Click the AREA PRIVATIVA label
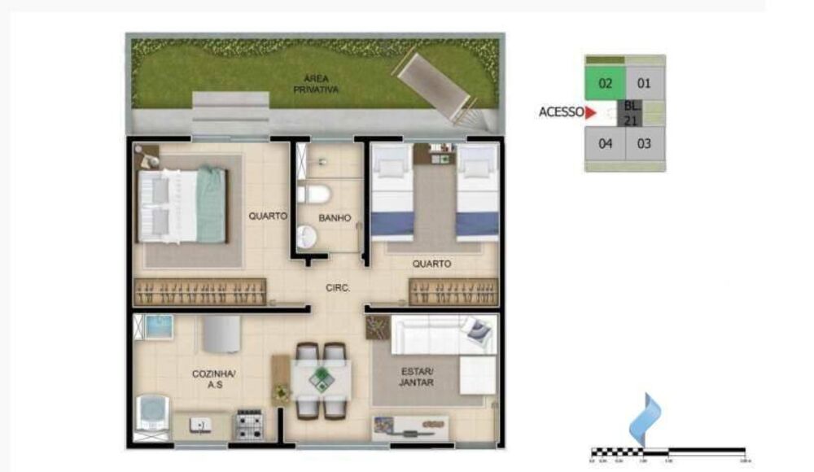316,84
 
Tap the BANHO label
335,218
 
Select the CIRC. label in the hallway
337,287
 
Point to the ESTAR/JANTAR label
417,378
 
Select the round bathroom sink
306,237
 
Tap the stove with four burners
249,424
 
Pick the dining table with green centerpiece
322,379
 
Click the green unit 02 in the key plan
605,83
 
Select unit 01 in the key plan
644,83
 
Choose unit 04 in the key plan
605,144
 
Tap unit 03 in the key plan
644,144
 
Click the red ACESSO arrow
591,113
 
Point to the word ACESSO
560,113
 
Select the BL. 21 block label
632,113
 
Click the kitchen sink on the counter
199,424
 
